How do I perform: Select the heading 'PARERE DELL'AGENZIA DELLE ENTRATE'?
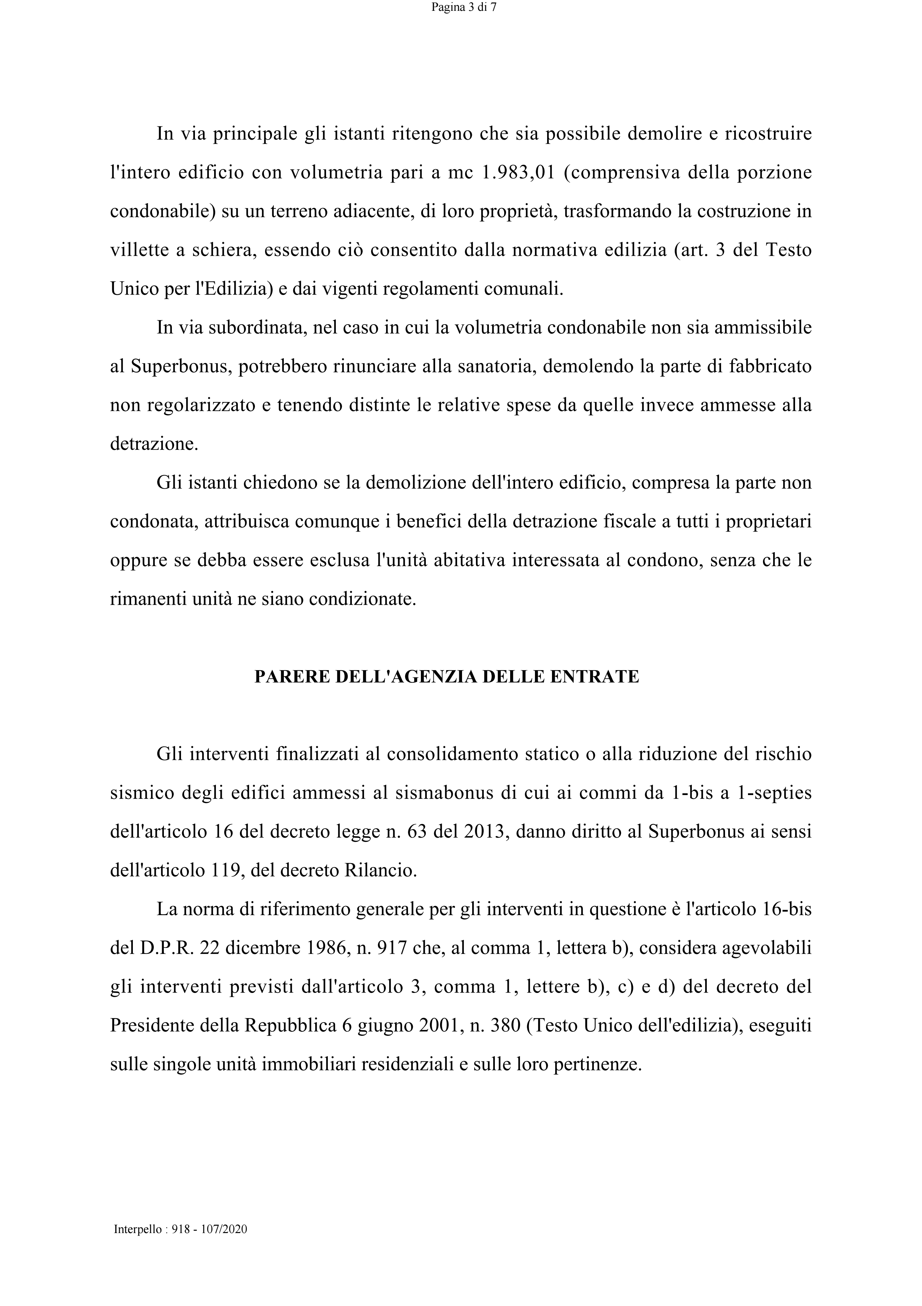coord(446,677)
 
